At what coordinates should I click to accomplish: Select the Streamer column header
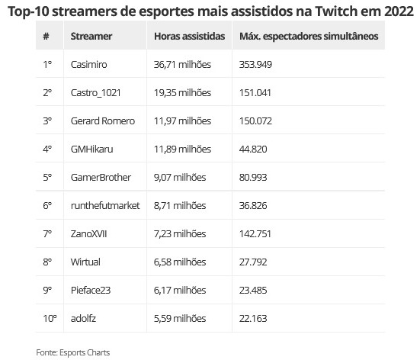coord(91,36)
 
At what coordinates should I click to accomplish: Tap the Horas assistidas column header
coord(189,36)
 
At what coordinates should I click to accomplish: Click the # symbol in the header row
coord(46,36)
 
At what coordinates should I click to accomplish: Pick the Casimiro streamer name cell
coord(88,64)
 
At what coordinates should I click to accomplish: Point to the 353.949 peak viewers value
coord(255,64)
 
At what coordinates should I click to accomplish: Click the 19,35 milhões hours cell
coord(182,93)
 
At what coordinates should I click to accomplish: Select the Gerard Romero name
coord(103,121)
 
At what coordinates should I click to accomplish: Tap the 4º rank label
coord(47,149)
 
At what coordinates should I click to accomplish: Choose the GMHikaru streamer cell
coord(92,149)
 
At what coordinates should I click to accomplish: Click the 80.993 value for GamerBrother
coord(253,178)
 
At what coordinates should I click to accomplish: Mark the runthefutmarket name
coord(105,206)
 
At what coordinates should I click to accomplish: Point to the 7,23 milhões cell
coord(180,233)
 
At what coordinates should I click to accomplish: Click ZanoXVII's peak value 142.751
coord(255,233)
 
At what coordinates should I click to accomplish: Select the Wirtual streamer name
coord(85,262)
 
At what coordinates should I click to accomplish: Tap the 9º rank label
coord(47,291)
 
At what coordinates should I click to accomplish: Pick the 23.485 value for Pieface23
coord(253,291)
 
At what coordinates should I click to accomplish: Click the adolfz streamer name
coord(83,319)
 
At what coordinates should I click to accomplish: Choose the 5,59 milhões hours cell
coord(180,319)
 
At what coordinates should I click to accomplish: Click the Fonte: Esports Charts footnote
coord(73,352)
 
